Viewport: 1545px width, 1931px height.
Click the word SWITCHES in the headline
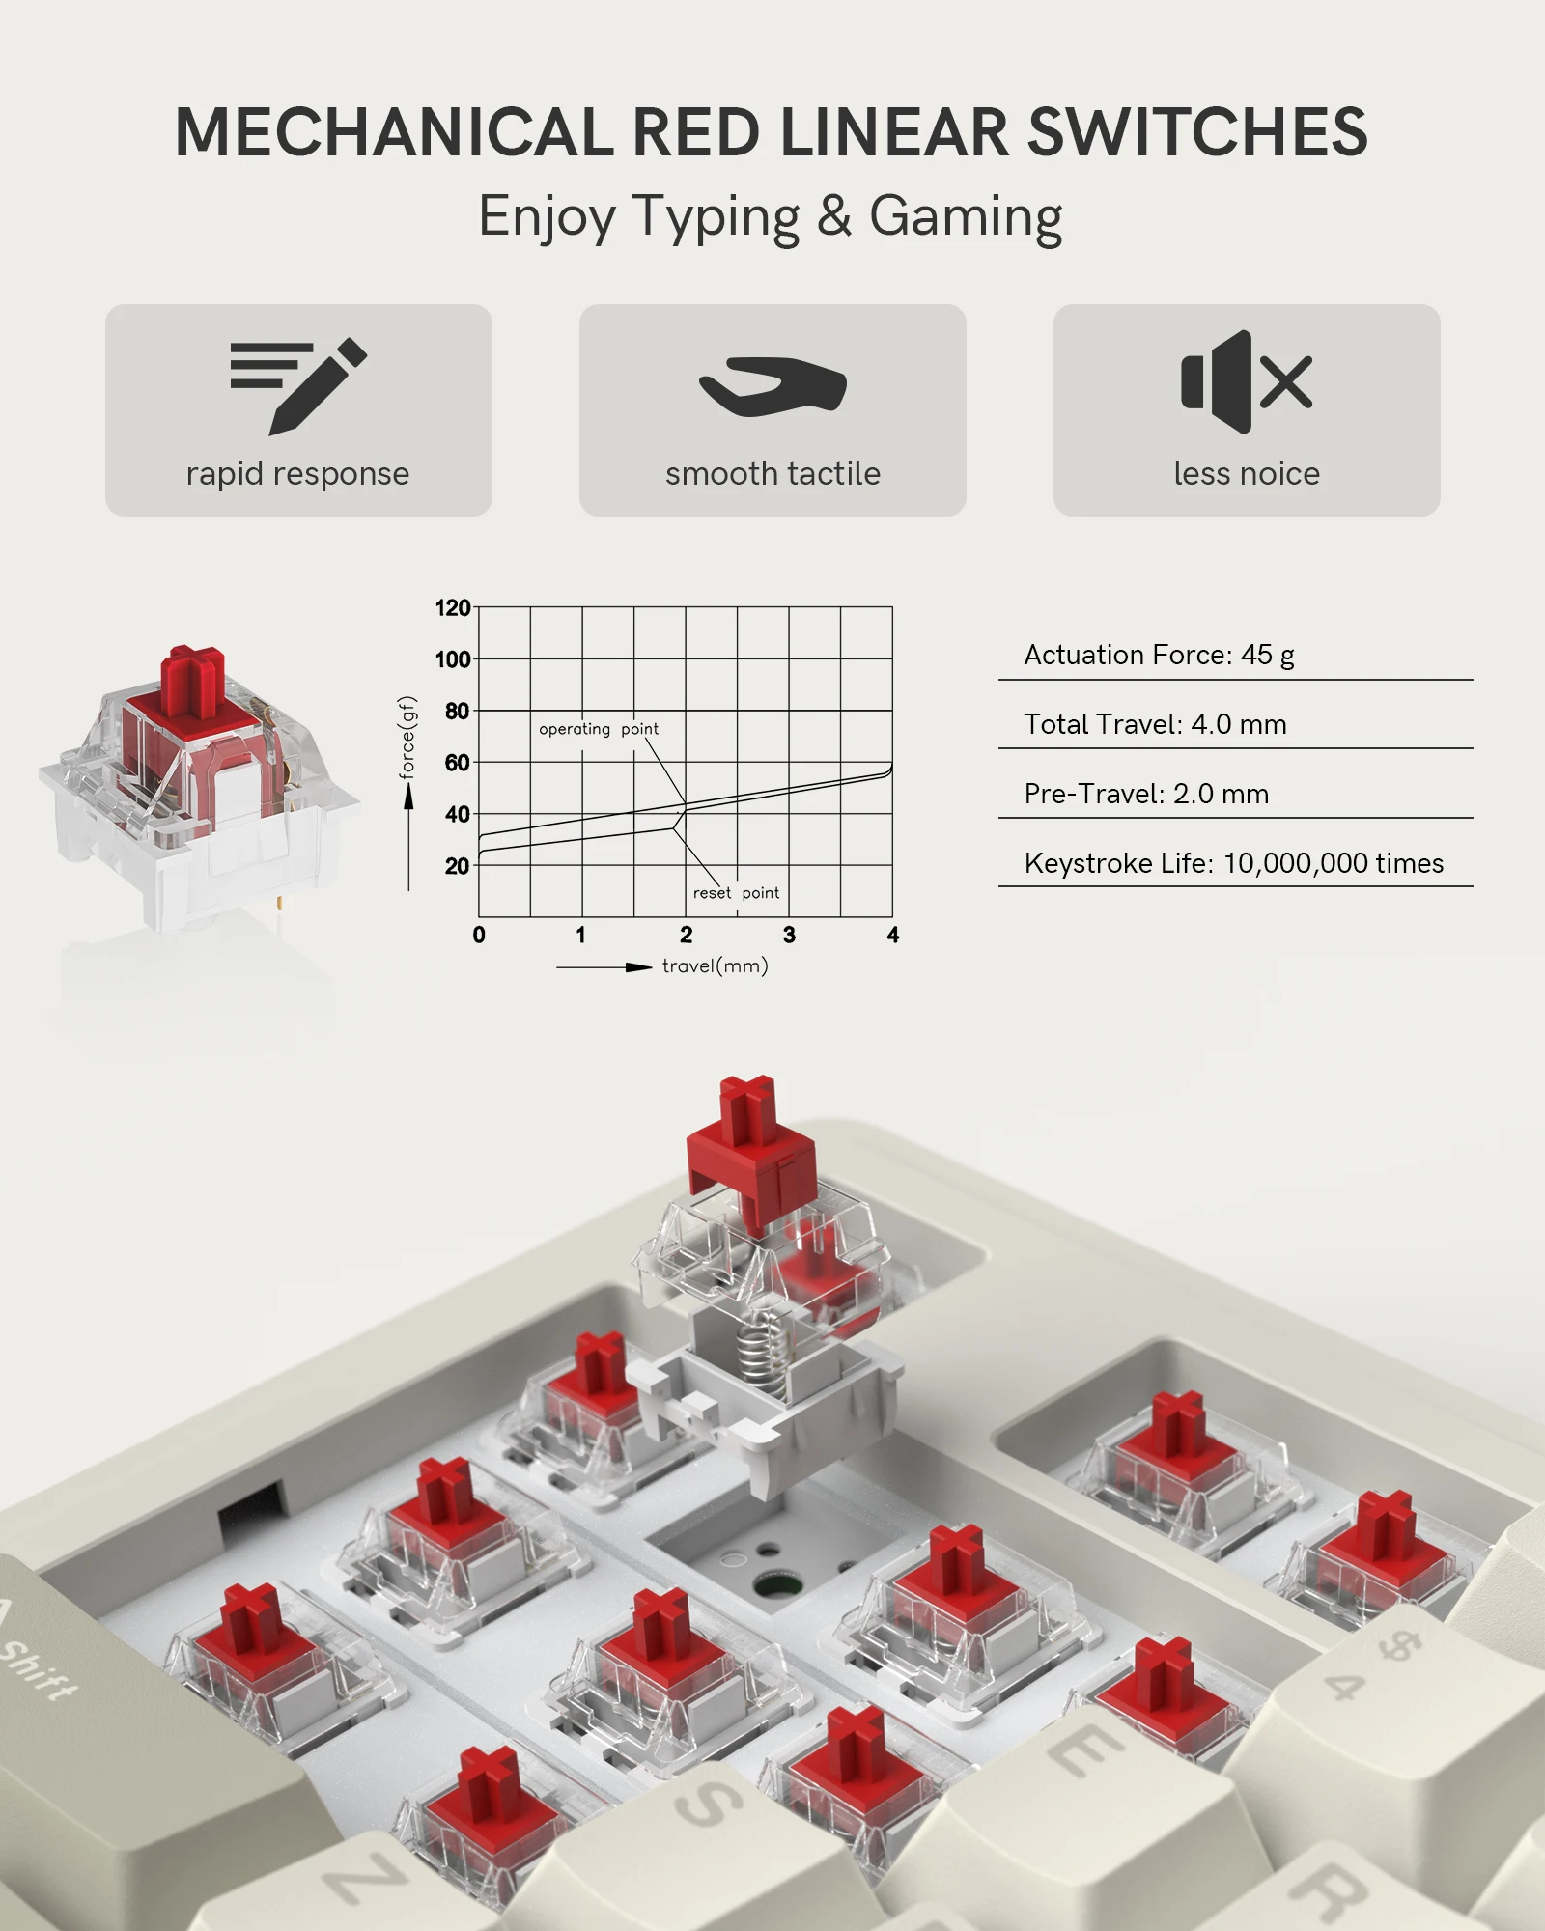point(1197,132)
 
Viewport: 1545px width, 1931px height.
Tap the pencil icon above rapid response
point(298,385)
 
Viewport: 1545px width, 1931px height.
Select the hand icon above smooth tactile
point(772,386)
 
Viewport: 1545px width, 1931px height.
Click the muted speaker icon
point(1246,381)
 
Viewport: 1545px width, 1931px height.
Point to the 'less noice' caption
point(1247,473)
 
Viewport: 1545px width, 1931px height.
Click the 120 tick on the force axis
point(452,608)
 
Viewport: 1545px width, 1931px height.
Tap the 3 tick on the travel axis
point(789,935)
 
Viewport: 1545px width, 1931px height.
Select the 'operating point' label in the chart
point(599,729)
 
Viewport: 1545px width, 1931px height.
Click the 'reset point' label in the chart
point(736,893)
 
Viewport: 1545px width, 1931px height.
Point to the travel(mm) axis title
point(715,965)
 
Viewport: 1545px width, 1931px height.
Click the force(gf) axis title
point(407,738)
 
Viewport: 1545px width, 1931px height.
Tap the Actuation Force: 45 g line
point(1159,655)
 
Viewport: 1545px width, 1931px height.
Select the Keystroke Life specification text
point(1233,863)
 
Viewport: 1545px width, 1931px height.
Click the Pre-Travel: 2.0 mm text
point(1146,794)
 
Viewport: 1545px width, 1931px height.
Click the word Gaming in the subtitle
point(966,216)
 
